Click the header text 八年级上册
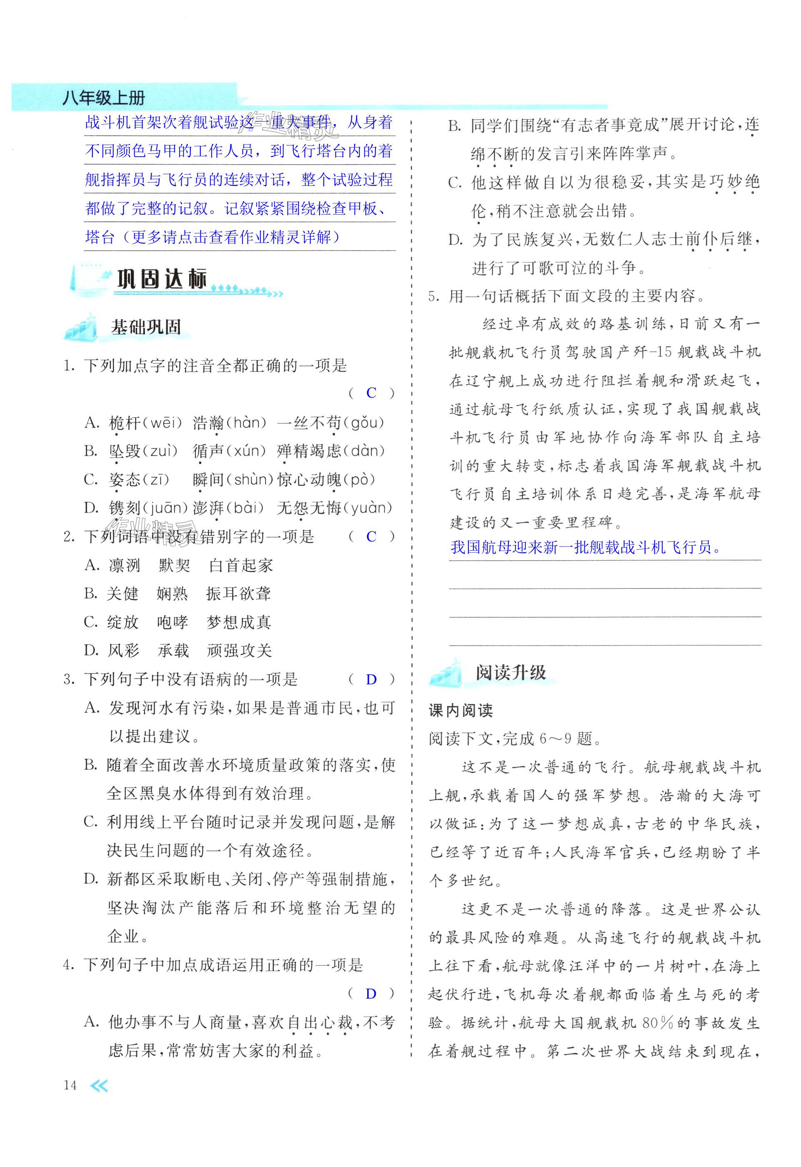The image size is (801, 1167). pos(103,98)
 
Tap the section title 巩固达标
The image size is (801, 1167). pos(162,279)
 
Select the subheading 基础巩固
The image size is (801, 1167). pos(145,328)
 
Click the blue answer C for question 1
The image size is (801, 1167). pos(371,393)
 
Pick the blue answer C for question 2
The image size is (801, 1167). pos(371,536)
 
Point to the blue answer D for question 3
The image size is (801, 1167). pos(371,679)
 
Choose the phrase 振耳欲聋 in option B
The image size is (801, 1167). pos(238,594)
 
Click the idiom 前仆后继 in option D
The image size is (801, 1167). pos(719,240)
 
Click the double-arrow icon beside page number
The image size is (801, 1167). pos(98,1086)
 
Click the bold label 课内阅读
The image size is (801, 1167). pos(461,710)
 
